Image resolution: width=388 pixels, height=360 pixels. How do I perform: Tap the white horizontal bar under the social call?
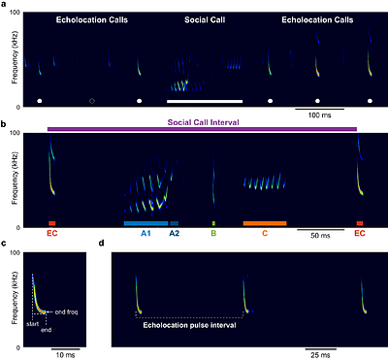(205, 100)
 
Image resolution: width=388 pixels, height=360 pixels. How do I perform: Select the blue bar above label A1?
(145, 223)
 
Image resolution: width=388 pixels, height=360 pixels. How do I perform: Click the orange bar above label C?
(265, 223)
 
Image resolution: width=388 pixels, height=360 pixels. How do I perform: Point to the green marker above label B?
(213, 223)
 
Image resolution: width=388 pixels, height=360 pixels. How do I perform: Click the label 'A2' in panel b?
(175, 234)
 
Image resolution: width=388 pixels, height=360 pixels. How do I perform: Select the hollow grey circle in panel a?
(91, 100)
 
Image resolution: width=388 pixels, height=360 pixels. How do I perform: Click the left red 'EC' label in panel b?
(52, 234)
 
